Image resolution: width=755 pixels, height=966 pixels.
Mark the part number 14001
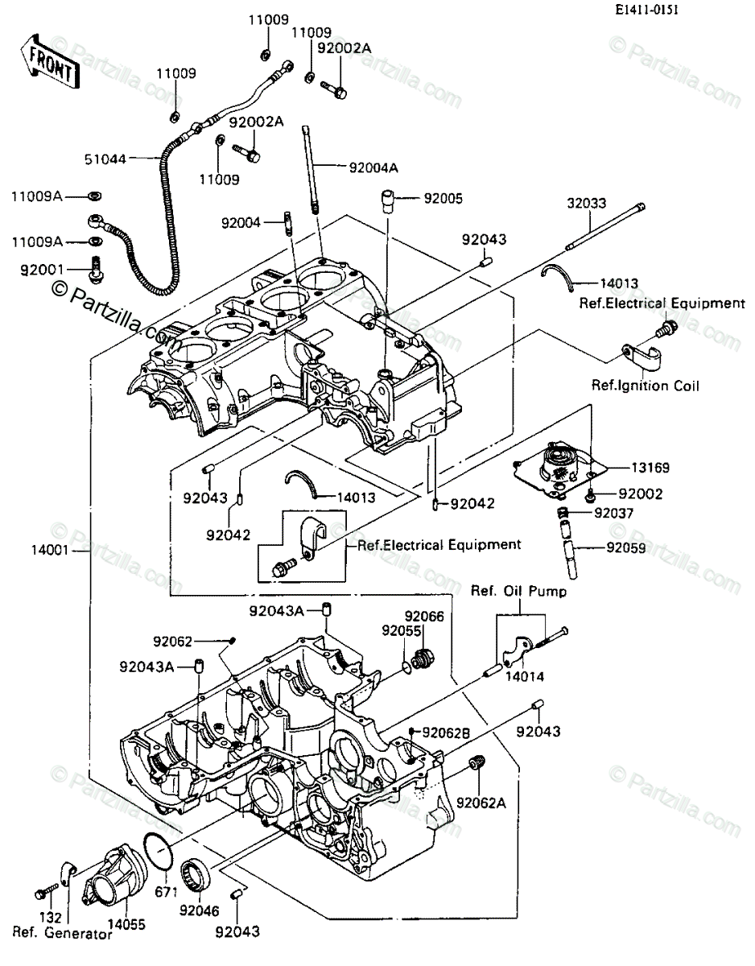tap(51, 551)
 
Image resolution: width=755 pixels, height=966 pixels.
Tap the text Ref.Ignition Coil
tap(646, 386)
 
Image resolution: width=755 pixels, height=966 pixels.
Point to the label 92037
tap(615, 512)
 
